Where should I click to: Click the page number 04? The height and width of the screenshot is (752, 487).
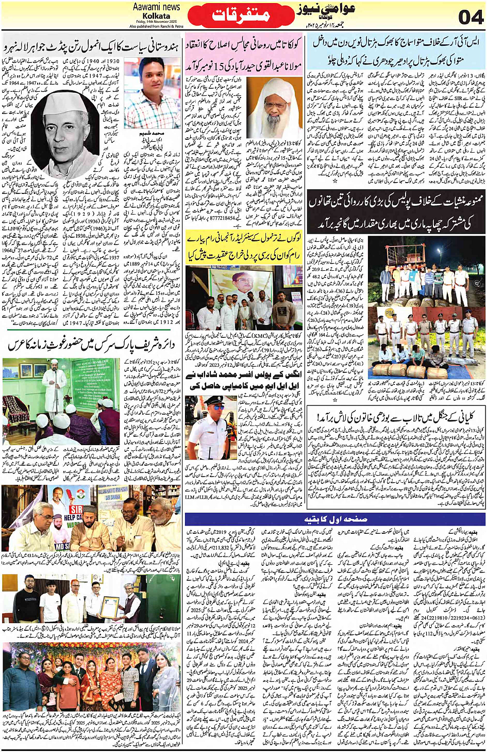[x=470, y=17]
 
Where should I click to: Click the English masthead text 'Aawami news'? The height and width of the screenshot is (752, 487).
[x=156, y=7]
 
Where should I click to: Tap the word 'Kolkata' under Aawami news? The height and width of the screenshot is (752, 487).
[x=156, y=15]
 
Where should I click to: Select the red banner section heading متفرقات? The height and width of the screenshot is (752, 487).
[x=241, y=14]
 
